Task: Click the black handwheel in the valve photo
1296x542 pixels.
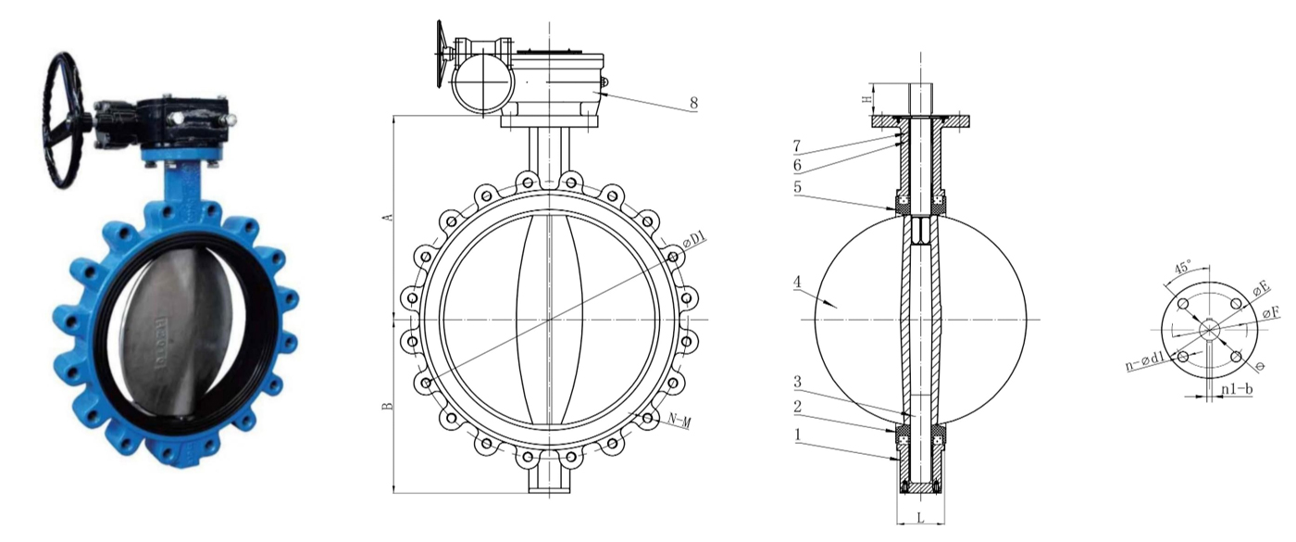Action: tap(65, 120)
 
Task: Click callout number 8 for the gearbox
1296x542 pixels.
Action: tap(692, 104)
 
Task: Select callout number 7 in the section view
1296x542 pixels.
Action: tap(797, 146)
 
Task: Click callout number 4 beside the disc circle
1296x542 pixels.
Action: tap(797, 281)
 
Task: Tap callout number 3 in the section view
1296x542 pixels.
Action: tap(797, 381)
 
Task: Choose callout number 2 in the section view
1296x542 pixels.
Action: tap(797, 406)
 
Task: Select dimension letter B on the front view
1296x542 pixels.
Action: tap(390, 405)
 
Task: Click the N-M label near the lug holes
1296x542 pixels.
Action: tap(679, 422)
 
